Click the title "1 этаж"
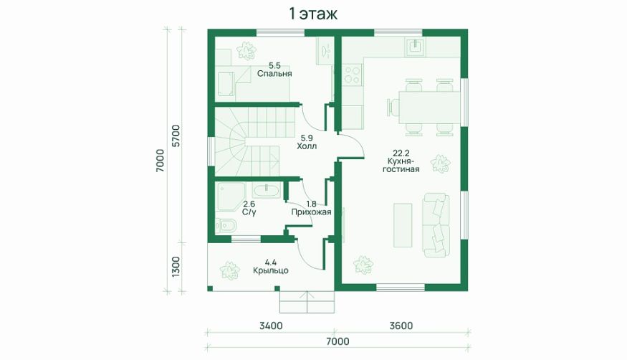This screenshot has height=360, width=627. point(313,14)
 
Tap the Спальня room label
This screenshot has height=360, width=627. point(274,74)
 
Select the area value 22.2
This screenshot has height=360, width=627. point(401,153)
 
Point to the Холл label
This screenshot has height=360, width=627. point(307,146)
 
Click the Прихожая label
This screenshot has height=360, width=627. point(311,212)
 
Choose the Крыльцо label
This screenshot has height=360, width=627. point(271,271)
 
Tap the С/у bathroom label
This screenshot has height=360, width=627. point(249,212)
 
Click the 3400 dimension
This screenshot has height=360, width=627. point(271,326)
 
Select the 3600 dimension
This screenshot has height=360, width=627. point(401,326)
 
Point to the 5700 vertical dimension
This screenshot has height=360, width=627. point(176,136)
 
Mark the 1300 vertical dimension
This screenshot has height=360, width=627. point(176,267)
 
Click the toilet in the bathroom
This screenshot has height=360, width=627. point(225,227)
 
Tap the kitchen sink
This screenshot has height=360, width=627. point(416,47)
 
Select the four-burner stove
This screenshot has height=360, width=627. point(352,75)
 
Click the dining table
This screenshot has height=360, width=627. point(429,107)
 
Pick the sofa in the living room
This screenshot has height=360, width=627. point(436,224)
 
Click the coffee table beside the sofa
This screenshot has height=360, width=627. point(403,224)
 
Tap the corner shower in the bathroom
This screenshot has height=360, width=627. point(230,196)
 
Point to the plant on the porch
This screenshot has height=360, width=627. point(229,270)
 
